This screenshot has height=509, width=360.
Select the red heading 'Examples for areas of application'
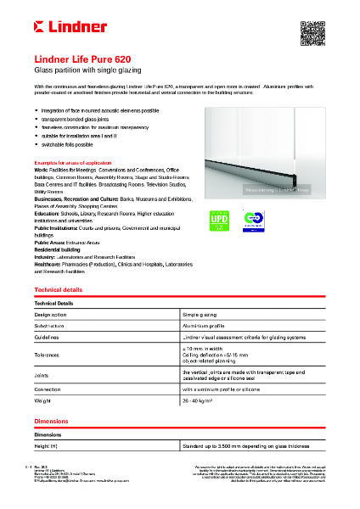click(73, 160)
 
